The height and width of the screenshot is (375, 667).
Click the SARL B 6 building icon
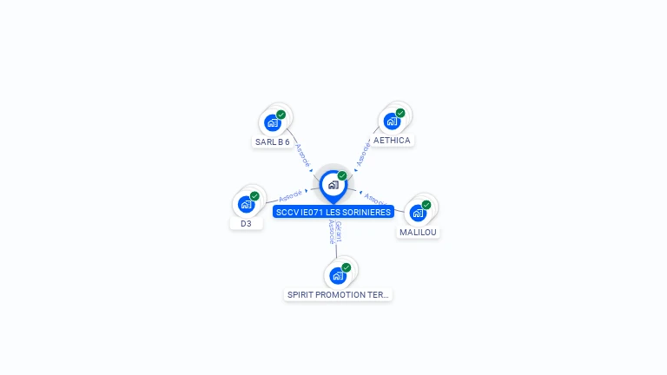pos(273,122)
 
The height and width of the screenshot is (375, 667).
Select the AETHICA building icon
pos(392,121)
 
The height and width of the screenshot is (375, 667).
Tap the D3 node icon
pos(246,205)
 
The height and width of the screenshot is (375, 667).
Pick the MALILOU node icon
pos(418,213)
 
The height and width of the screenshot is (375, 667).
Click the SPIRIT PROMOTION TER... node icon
pos(338,275)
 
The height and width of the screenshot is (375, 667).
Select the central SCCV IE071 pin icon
pos(333,185)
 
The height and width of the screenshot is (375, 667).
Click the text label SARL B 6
pos(273,141)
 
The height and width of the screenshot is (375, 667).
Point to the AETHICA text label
pos(392,140)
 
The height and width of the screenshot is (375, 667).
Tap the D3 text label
pos(246,223)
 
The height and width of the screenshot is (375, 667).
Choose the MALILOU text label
pos(419,232)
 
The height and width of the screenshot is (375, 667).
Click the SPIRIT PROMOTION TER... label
pos(338,295)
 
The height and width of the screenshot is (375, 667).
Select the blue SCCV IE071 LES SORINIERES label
pos(333,212)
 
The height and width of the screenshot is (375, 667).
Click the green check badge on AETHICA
pos(400,113)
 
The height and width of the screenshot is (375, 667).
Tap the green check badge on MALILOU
pos(426,205)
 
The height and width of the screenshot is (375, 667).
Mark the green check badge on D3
pos(254,196)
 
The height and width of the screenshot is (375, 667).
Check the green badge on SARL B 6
pos(281,115)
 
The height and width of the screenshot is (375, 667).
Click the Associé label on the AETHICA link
pos(363,153)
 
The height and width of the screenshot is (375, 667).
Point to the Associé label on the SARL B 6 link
pos(301,154)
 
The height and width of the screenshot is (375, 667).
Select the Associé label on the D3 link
pos(290,195)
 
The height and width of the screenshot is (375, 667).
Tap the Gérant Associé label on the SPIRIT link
pos(334,232)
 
